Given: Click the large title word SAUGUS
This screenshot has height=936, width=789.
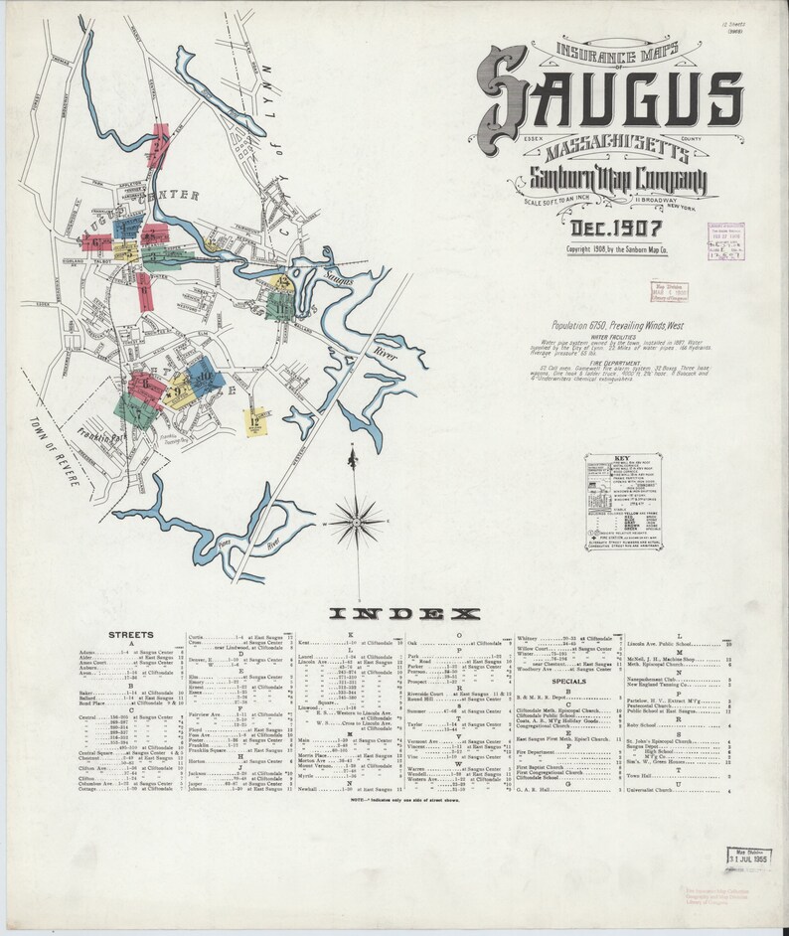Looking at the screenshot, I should pos(608,97).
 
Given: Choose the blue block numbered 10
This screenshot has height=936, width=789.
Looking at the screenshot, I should pos(205,376).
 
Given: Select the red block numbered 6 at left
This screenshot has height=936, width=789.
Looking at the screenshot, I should pos(96,241).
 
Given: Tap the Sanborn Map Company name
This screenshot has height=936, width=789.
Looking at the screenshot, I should pos(608,181).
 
